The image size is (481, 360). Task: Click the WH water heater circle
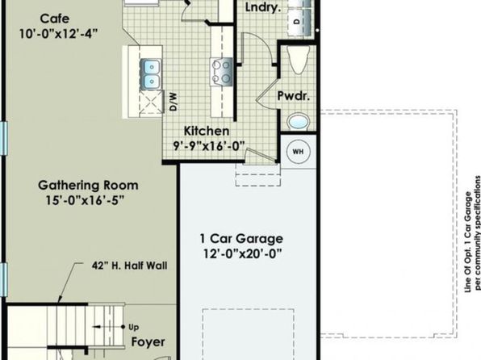click(298, 151)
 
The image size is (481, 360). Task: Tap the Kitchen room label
click(207, 131)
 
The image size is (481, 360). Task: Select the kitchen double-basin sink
click(150, 73)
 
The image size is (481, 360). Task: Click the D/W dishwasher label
click(174, 102)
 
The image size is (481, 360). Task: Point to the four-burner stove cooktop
click(221, 72)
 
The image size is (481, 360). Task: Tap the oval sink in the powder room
click(298, 122)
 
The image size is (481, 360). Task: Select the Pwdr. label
click(294, 96)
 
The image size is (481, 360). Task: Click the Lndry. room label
click(263, 8)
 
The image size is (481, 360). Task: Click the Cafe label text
click(55, 19)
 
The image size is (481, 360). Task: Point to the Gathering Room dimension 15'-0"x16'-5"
click(85, 200)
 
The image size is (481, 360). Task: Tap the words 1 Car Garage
click(241, 238)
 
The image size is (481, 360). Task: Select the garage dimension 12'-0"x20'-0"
click(242, 253)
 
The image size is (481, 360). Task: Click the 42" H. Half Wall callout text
click(129, 266)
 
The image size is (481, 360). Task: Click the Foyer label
click(148, 342)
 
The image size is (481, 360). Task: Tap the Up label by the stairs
click(133, 328)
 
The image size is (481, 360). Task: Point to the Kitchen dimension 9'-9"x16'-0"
click(210, 146)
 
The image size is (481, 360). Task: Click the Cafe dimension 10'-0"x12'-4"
click(58, 33)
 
